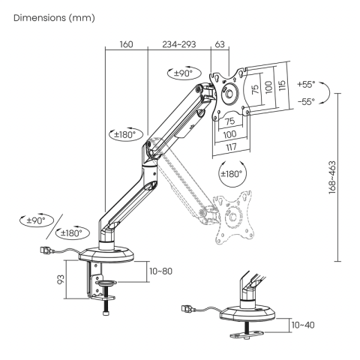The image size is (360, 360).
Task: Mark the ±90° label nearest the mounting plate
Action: click(182, 73)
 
